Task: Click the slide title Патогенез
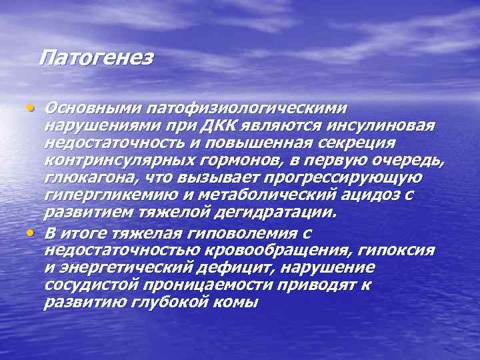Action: click(x=96, y=58)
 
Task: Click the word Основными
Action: click(x=87, y=108)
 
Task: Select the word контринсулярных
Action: click(x=121, y=161)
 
